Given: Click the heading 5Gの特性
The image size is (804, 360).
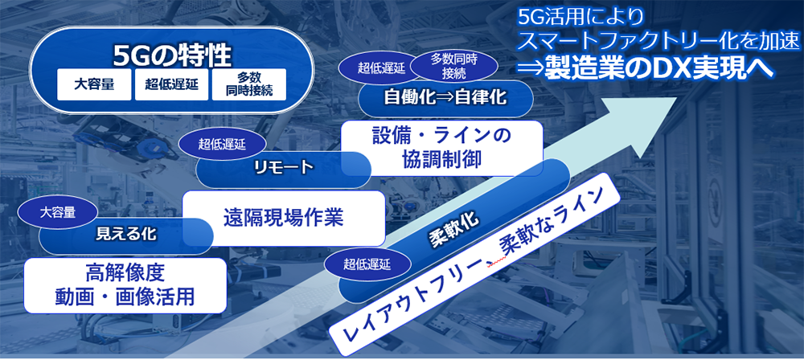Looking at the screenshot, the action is tap(172, 56).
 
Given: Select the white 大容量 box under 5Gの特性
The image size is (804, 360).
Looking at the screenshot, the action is tap(94, 84).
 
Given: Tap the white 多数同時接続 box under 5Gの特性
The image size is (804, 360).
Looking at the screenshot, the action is tap(248, 84).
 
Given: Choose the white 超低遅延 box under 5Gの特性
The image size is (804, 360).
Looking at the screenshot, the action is tap(171, 84).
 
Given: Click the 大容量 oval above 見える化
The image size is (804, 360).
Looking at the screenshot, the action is tap(57, 212).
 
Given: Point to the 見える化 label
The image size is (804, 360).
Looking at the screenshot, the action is tap(126, 235).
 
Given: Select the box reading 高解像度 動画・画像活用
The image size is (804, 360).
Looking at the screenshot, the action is tap(125, 285).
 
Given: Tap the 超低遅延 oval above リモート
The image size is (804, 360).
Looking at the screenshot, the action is tap(223, 144).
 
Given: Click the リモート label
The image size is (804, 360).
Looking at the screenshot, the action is tap(283, 167).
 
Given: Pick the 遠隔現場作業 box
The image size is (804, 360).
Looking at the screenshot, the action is tap(284, 218).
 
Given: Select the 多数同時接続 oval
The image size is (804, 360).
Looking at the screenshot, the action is tap(453, 67).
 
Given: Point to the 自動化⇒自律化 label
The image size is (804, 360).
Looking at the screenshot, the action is tap(445, 97).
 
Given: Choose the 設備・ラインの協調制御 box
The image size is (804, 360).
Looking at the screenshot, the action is tap(441, 148).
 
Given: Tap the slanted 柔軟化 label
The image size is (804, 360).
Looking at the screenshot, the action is tap(453, 229).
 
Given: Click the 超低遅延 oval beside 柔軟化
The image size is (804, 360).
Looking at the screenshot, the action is tap(367, 264).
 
